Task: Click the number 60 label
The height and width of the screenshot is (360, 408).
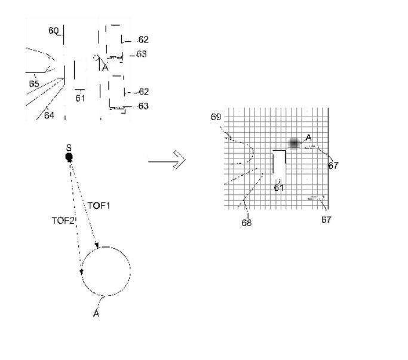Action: pos(54,30)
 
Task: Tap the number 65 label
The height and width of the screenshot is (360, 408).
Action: pos(34,84)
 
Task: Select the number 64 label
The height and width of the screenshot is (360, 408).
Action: pos(49,115)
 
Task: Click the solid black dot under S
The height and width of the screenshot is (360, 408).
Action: pos(69,157)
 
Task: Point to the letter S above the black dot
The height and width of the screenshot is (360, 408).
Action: pos(69,147)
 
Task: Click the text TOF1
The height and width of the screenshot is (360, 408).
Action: pos(99,206)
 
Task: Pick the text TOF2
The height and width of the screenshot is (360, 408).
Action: pos(63,221)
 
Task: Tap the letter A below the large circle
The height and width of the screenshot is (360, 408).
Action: pos(96,313)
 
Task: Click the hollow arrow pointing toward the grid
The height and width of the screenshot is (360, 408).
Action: pos(167,160)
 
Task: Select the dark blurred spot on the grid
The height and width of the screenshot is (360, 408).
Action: pos(294,144)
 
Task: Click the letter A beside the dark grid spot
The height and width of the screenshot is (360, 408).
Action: pos(309,138)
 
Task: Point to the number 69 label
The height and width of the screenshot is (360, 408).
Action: pos(216,117)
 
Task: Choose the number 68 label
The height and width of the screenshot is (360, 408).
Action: pos(247,222)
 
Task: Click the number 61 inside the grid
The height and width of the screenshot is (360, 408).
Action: pos(278,188)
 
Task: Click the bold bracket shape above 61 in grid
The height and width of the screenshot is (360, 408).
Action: pos(279,161)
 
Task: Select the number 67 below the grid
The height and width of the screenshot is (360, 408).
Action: pos(326,220)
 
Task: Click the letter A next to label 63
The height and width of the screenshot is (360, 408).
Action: pos(105,68)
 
